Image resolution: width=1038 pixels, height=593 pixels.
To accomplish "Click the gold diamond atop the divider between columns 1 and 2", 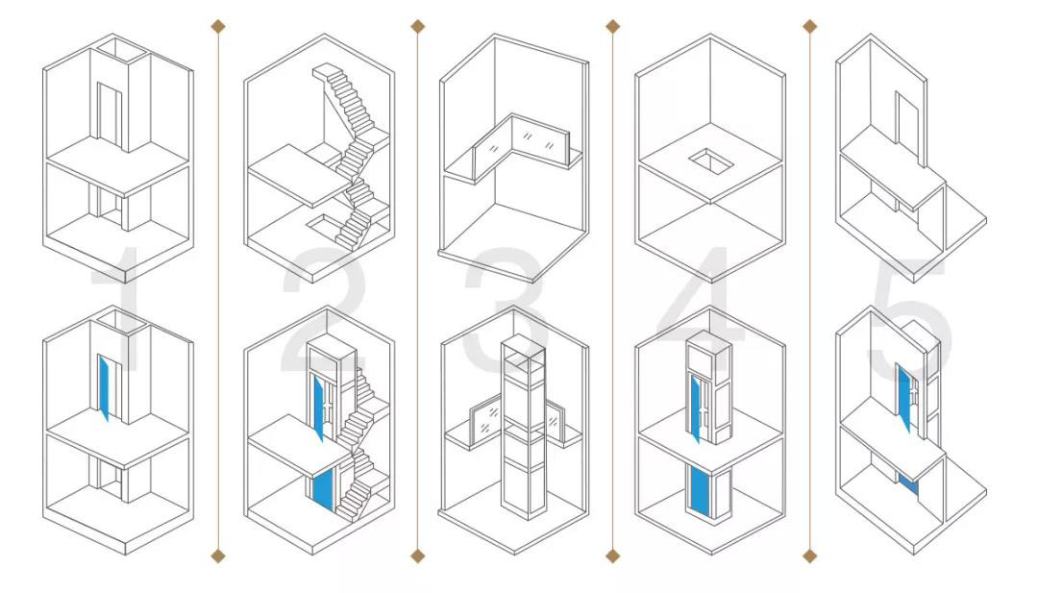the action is pos(218,27).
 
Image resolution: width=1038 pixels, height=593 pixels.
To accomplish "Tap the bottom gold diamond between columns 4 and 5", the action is pos(809,556).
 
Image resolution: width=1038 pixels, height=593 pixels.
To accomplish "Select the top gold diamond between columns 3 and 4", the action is pos(613,27).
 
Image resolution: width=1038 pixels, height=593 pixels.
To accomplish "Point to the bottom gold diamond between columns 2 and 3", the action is pos(417,556).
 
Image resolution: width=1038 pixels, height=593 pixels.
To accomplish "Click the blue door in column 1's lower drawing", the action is pos(103,387).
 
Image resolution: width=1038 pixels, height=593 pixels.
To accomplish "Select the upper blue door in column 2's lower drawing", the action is pos(318,408).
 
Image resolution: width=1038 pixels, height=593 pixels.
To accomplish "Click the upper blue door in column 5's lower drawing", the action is pos(904,397).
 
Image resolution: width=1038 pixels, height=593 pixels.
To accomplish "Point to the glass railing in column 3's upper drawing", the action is pos(521,143).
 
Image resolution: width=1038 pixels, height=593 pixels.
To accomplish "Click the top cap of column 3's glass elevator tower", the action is pos(523,345).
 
